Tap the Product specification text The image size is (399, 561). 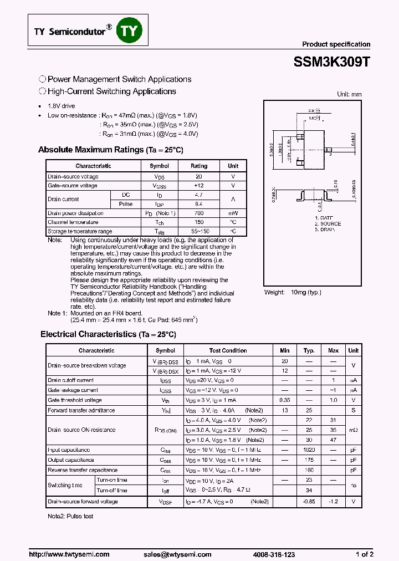(x=336, y=44)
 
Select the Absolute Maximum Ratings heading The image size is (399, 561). (x=110, y=150)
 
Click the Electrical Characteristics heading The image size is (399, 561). (x=108, y=334)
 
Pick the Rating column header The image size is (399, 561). (x=199, y=166)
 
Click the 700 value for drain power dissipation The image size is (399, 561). (x=199, y=213)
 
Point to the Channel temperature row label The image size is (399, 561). (x=73, y=222)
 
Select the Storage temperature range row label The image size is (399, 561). (x=80, y=231)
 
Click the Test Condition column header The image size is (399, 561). (x=228, y=350)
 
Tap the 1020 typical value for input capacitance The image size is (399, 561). (x=309, y=450)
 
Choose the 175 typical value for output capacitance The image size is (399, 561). (x=309, y=460)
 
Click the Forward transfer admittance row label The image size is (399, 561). (x=81, y=410)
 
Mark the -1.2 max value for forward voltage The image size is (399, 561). (x=333, y=502)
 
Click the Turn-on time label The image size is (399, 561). (x=111, y=480)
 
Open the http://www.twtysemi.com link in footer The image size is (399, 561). (x=69, y=554)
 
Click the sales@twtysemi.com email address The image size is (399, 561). (x=177, y=554)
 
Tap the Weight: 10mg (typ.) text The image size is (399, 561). (x=293, y=292)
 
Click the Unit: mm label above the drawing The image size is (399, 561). (x=349, y=94)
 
